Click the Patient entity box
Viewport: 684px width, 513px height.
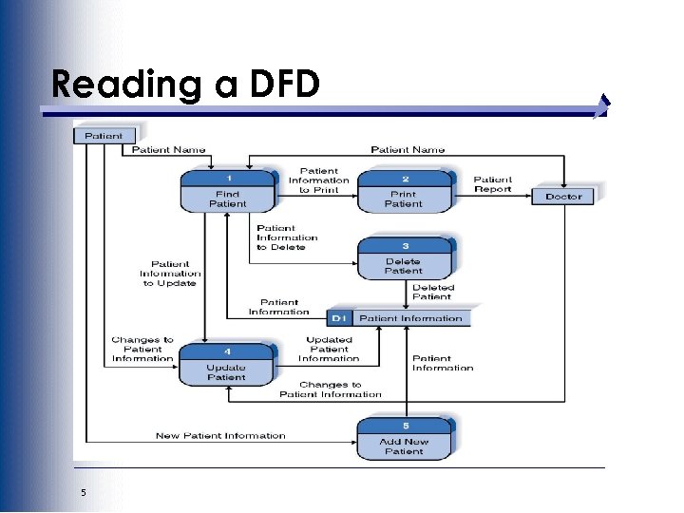click(104, 136)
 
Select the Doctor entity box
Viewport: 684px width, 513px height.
click(563, 197)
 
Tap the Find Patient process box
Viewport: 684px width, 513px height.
click(228, 192)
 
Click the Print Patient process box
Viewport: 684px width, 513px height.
click(404, 192)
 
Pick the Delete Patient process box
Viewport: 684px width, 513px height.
click(404, 258)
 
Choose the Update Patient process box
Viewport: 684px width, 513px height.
click(227, 365)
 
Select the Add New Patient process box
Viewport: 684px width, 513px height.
click(404, 439)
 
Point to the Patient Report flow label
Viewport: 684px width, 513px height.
click(493, 184)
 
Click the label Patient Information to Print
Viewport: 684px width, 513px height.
click(318, 180)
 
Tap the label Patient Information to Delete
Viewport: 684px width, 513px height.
click(286, 237)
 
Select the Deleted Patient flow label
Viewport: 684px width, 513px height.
click(433, 292)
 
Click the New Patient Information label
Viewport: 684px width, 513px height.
click(220, 436)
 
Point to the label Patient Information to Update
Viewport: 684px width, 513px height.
click(169, 274)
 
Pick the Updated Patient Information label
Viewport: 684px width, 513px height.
click(329, 350)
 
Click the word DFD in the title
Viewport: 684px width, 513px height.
click(284, 85)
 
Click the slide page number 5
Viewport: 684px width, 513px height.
click(84, 492)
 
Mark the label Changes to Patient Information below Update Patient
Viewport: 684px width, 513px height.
click(330, 389)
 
